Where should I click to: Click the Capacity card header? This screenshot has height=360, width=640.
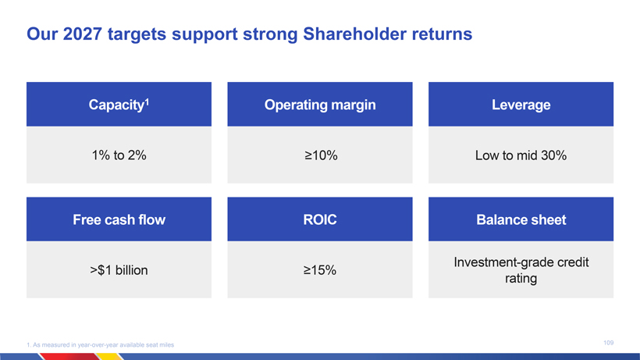(119, 105)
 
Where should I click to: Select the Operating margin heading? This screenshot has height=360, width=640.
(320, 105)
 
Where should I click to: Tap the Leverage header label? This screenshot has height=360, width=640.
(521, 105)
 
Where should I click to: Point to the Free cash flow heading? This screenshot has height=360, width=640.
(119, 219)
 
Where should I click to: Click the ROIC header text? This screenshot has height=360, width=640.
(320, 219)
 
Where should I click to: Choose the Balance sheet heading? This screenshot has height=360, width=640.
(521, 219)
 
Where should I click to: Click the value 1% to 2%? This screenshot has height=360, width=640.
(119, 155)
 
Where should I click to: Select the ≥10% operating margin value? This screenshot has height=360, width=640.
(321, 155)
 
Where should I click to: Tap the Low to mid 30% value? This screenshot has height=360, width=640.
(521, 155)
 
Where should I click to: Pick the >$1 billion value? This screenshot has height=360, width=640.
(119, 270)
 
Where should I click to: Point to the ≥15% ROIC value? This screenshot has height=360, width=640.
(319, 270)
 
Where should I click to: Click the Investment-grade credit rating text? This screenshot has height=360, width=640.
(521, 270)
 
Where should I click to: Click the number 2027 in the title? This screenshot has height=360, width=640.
(83, 34)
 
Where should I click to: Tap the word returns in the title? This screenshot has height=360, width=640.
(442, 34)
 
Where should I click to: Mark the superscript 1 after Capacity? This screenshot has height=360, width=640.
(147, 102)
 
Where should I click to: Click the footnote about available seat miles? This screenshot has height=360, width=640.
(101, 345)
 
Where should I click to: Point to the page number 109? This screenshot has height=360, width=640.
(609, 343)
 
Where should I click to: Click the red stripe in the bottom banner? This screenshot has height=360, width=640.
(69, 357)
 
